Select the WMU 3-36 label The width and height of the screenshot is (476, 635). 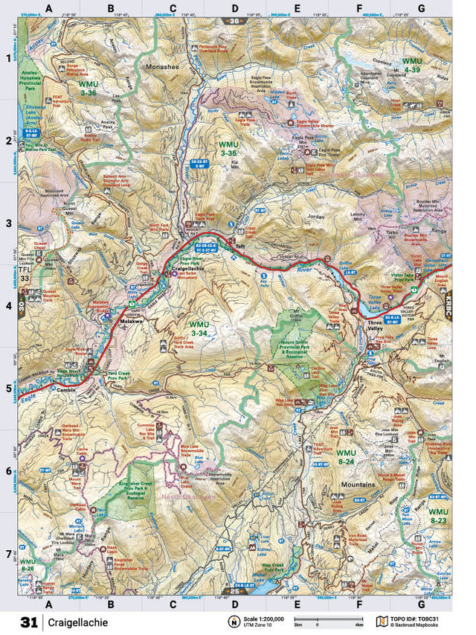point(89,89)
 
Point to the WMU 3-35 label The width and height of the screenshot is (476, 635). point(229,147)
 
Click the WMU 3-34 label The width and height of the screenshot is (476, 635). point(199,329)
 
